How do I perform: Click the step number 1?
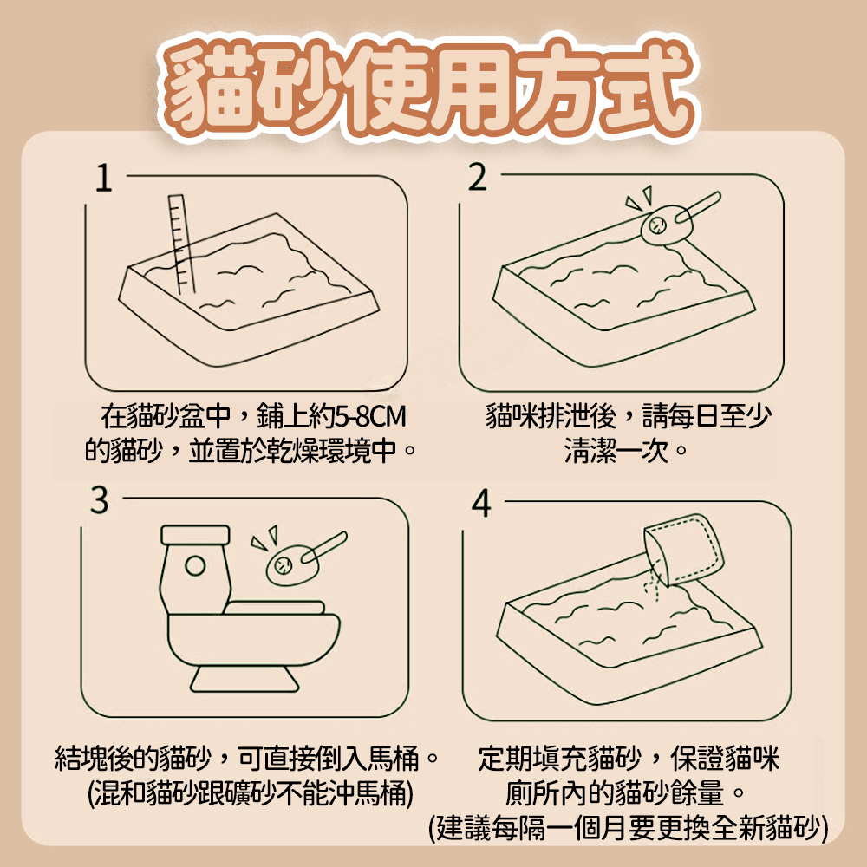pos(103,178)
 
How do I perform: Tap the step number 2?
pos(477,178)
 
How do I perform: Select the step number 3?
pos(100,500)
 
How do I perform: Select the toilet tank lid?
pos(195,535)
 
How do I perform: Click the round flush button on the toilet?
pos(195,565)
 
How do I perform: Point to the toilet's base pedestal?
pos(244,679)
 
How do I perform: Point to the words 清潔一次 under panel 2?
pos(616,451)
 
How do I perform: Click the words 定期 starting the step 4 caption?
pos(505,758)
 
